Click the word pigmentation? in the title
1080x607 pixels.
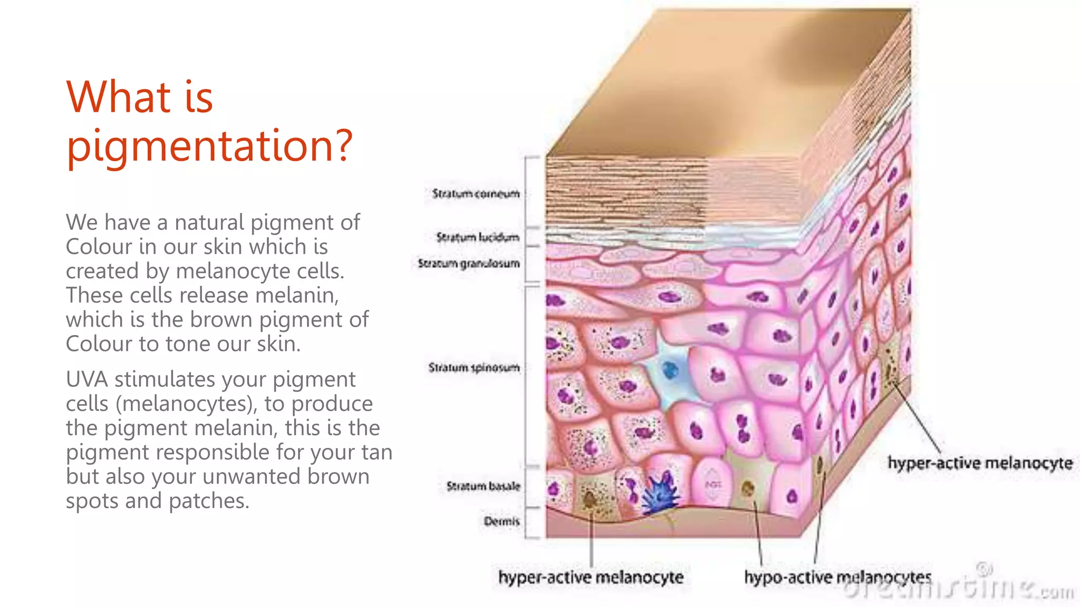click(209, 146)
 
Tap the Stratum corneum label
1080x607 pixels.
click(476, 194)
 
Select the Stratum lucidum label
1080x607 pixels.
click(478, 238)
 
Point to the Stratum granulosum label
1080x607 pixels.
click(469, 263)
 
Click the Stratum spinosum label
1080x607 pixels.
click(474, 367)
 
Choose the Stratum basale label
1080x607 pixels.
click(483, 486)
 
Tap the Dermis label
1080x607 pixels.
click(502, 521)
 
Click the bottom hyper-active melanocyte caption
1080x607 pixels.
click(591, 577)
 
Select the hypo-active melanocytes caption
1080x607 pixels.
click(837, 577)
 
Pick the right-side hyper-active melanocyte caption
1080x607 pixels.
click(980, 463)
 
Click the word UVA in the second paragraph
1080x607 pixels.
click(87, 379)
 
